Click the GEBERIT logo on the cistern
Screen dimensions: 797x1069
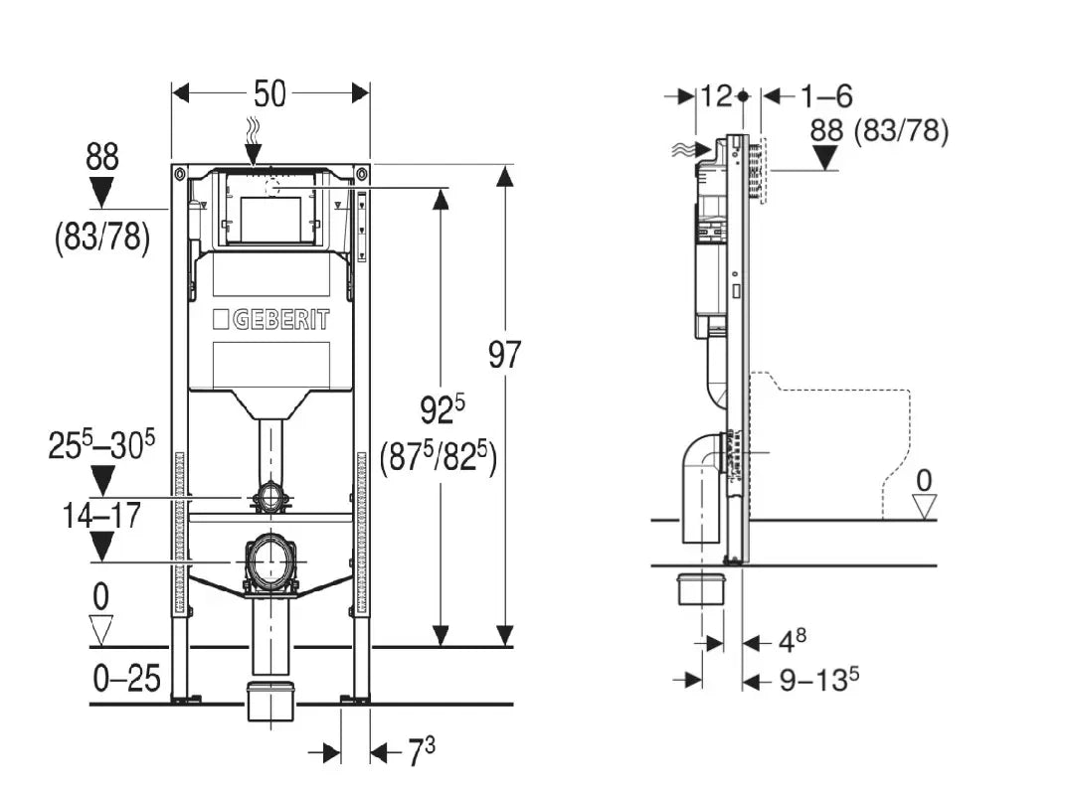[x=270, y=320]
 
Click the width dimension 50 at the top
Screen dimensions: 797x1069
[x=269, y=93]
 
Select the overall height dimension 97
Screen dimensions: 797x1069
[x=504, y=354]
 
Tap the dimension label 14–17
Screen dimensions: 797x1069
[x=100, y=516]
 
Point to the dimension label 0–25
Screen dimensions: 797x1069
[x=126, y=679]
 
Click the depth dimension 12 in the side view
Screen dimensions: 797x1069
[x=716, y=96]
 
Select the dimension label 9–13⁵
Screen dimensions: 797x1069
[x=818, y=680]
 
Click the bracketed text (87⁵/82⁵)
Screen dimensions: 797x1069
[x=438, y=458]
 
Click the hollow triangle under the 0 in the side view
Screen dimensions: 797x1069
[x=925, y=507]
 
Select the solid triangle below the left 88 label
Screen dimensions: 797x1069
[x=101, y=191]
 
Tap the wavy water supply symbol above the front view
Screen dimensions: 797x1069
[x=252, y=129]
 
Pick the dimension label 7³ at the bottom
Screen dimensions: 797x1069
[x=421, y=753]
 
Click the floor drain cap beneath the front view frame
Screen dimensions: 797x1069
[x=269, y=701]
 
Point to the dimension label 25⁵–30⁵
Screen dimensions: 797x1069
[x=101, y=445]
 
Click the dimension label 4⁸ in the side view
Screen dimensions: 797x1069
[x=792, y=642]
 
